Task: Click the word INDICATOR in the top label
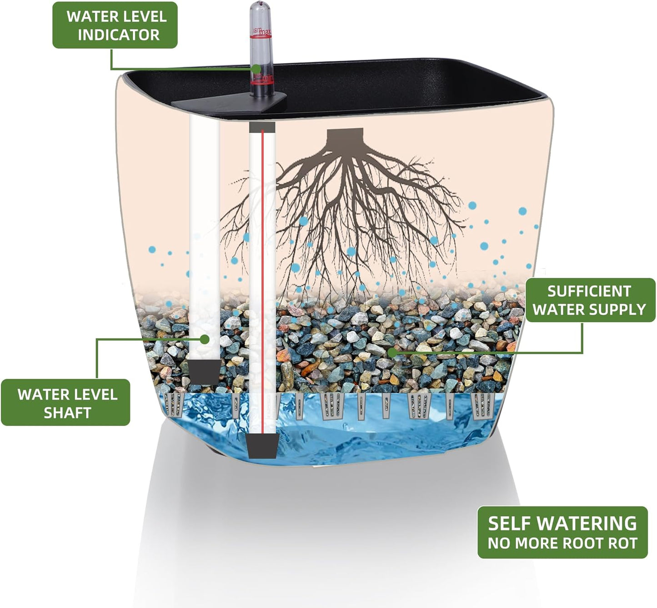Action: pyautogui.click(x=118, y=35)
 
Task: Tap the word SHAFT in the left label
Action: pyautogui.click(x=67, y=413)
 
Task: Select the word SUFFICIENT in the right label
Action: pyautogui.click(x=589, y=291)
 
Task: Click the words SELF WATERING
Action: pyautogui.click(x=562, y=523)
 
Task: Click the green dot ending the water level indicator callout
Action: pyautogui.click(x=256, y=69)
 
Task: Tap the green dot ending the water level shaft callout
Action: pyautogui.click(x=205, y=339)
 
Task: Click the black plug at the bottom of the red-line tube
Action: pyautogui.click(x=262, y=445)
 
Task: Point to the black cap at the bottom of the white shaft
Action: pyautogui.click(x=204, y=371)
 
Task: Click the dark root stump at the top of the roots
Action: pyautogui.click(x=346, y=137)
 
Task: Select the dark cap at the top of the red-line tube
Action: pyautogui.click(x=262, y=127)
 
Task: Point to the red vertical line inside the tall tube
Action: pyautogui.click(x=262, y=273)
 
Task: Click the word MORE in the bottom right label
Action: pyautogui.click(x=537, y=543)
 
